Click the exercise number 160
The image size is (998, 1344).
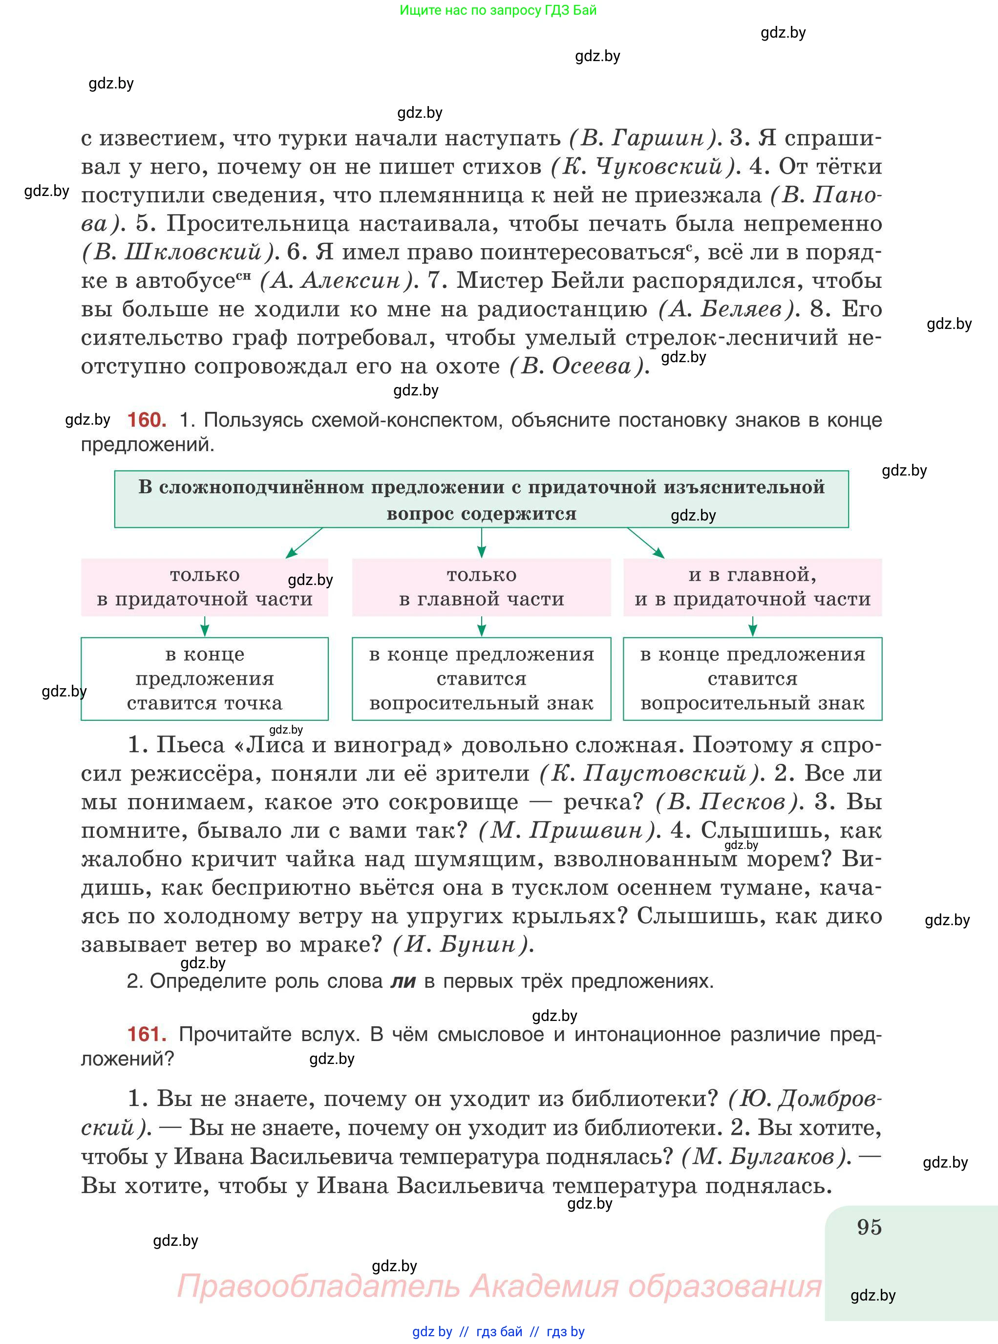click(147, 420)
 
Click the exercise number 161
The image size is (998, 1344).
click(147, 1034)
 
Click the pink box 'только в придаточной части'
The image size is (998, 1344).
click(204, 587)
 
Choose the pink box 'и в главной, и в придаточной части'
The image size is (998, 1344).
click(752, 587)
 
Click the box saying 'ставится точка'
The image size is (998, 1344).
click(204, 679)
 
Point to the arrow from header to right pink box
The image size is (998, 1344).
click(646, 542)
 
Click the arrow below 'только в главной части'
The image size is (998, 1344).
click(482, 627)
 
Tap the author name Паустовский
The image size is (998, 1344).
click(664, 774)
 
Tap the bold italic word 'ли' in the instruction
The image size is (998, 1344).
click(403, 981)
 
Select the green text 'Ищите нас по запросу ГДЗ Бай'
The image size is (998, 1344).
click(498, 10)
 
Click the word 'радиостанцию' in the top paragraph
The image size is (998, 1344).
click(562, 309)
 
